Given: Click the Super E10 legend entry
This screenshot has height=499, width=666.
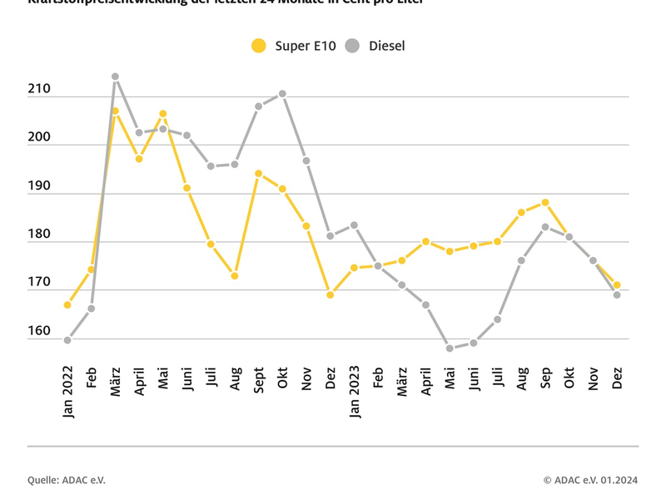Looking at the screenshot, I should [x=294, y=46].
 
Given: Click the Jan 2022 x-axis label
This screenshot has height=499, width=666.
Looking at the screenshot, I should [x=67, y=390].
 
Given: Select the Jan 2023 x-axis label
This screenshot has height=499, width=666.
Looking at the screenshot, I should [x=355, y=390].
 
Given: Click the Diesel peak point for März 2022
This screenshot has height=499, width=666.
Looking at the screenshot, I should [x=115, y=77].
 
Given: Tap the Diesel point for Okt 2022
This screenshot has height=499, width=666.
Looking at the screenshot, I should [x=283, y=94].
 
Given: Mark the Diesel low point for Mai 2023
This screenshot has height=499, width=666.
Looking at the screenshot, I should [x=450, y=348].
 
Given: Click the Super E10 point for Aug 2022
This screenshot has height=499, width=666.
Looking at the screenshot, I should [x=235, y=276].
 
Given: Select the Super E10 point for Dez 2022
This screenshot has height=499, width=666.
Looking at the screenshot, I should [x=331, y=294].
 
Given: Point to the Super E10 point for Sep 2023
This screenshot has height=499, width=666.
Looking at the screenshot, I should [x=545, y=202].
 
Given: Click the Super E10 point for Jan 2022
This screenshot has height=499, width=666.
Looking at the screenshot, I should [x=67, y=305].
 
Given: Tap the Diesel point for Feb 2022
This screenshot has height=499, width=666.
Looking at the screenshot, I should [x=91, y=309].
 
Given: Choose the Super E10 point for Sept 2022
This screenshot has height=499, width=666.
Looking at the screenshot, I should [x=259, y=173].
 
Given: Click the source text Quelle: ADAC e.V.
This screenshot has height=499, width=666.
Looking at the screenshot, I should [x=67, y=480].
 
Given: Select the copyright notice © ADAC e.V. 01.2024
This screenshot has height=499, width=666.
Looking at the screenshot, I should [x=590, y=480].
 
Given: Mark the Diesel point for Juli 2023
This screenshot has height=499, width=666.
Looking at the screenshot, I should [x=498, y=319].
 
